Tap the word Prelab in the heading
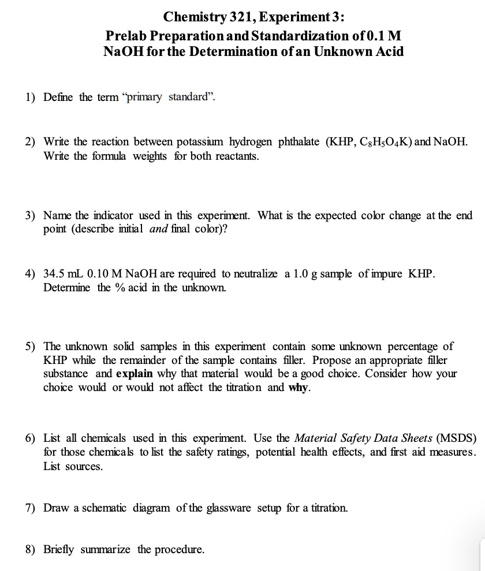(x=130, y=35)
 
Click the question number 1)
(x=31, y=97)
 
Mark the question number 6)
(x=31, y=438)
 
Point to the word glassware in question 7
(x=229, y=508)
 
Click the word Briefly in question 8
(x=59, y=549)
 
